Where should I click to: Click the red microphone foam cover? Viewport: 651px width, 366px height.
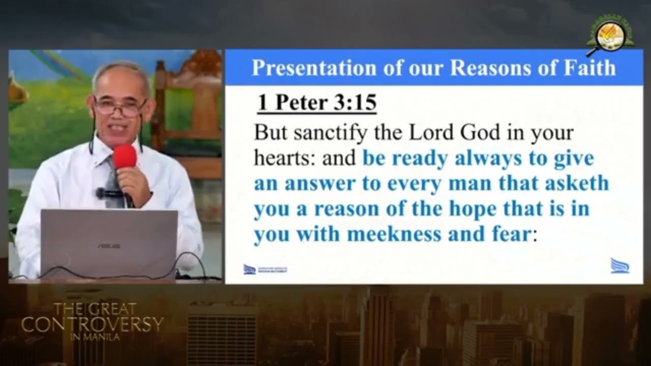[x=125, y=156]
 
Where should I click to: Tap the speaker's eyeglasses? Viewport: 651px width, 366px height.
[x=120, y=107]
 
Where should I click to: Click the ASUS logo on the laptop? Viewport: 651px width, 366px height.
[x=109, y=246]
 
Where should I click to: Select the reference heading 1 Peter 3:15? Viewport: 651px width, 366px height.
[x=316, y=103]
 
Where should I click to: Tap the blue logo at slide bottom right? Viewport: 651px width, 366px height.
[x=619, y=265]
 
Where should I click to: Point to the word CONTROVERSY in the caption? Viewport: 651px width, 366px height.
[x=93, y=324]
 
